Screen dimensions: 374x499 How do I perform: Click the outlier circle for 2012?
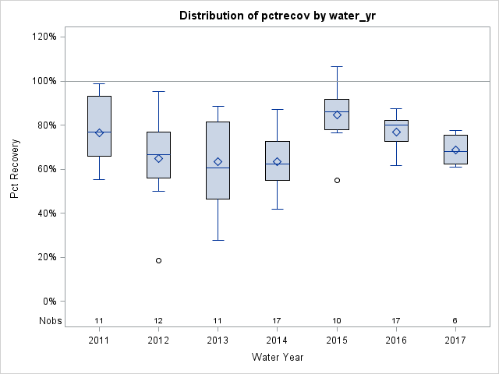click(x=158, y=260)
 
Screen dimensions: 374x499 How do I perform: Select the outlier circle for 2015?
click(x=337, y=180)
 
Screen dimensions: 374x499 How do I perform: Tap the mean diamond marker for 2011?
click(x=99, y=132)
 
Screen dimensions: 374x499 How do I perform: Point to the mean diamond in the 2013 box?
click(x=218, y=162)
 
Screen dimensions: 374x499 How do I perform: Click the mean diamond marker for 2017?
click(x=455, y=150)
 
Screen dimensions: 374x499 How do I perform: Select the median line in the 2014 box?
click(x=278, y=164)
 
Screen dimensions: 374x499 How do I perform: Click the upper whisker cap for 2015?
click(x=337, y=67)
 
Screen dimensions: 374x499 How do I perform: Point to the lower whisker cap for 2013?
click(x=218, y=240)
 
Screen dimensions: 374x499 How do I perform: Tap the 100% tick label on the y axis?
click(x=42, y=81)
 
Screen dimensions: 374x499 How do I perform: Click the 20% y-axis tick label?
click(x=44, y=257)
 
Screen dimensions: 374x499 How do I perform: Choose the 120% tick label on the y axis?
click(x=42, y=37)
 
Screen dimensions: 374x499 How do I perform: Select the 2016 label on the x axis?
click(x=396, y=340)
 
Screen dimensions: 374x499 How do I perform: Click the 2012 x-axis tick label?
click(x=158, y=340)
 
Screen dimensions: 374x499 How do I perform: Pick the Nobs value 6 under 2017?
click(x=455, y=321)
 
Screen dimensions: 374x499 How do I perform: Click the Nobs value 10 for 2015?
click(x=337, y=321)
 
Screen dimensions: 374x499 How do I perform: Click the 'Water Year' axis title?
click(x=278, y=358)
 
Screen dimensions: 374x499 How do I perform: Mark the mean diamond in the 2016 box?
click(x=396, y=132)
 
